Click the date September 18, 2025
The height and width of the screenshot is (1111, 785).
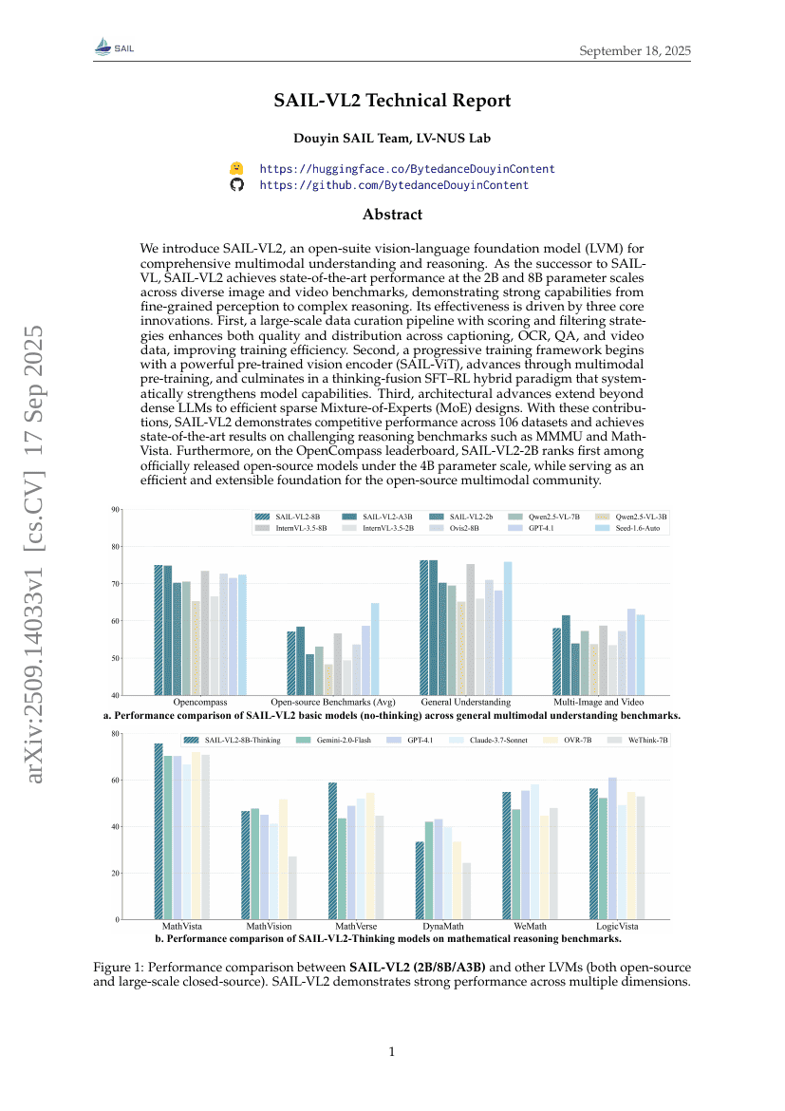[635, 50]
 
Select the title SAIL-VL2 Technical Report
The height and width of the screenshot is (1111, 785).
[392, 101]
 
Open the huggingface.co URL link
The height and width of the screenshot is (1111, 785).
[407, 169]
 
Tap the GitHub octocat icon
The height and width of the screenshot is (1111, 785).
[237, 185]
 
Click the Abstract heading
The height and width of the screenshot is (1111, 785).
[392, 215]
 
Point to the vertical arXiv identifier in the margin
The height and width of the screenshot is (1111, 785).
[35, 555]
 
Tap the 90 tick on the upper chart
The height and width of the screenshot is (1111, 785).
[116, 510]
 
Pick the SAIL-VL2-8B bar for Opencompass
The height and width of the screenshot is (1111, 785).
[159, 630]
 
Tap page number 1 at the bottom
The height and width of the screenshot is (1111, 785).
[392, 1051]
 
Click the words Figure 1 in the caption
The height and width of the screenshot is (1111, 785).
[119, 967]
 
